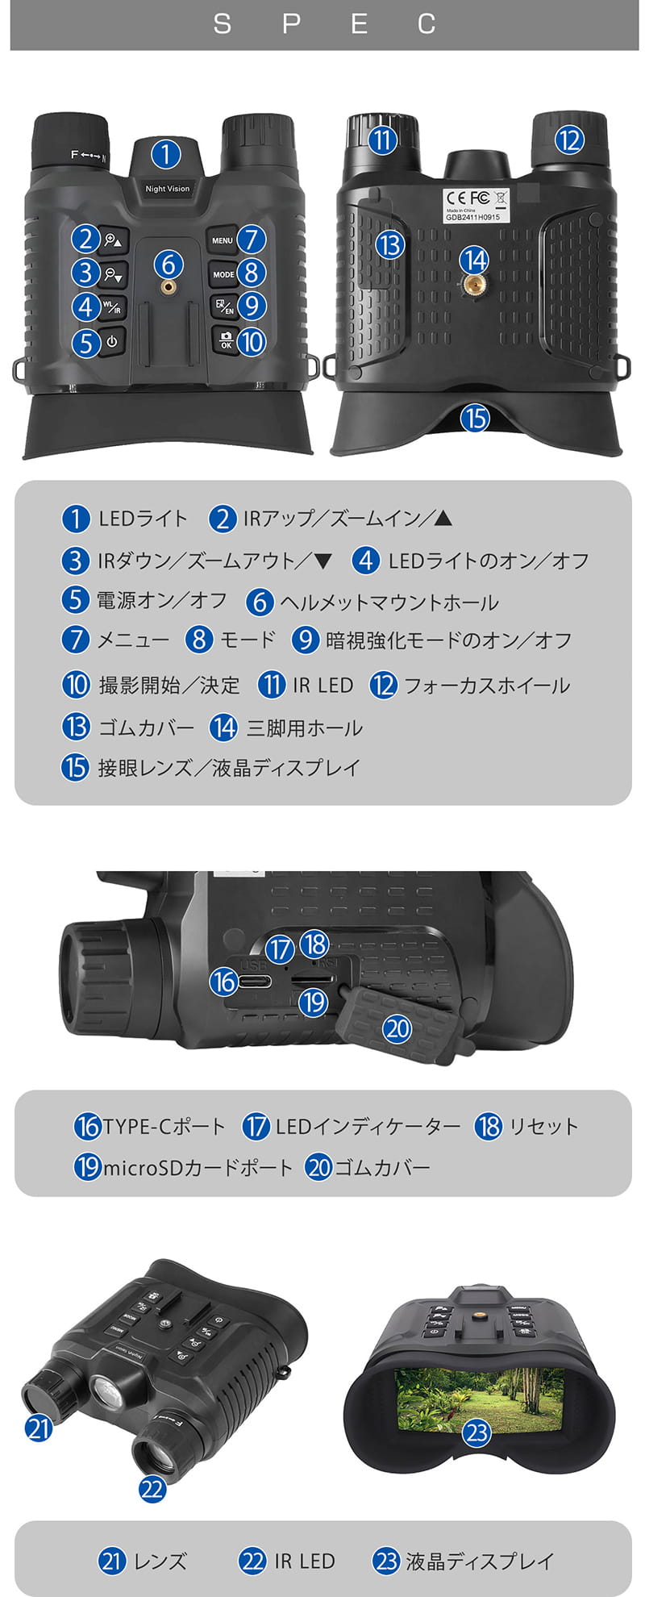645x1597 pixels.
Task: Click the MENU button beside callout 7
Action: (222, 240)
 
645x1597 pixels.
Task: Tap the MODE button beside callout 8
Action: (223, 274)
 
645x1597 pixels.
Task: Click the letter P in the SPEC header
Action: (292, 24)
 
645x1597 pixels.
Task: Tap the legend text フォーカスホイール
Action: (487, 686)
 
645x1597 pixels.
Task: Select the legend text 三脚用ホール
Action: (305, 728)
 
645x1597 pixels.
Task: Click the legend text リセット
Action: (543, 1127)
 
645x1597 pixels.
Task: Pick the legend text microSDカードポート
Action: (198, 1168)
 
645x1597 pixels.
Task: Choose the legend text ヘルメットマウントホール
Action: (389, 603)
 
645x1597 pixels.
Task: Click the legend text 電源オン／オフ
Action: (161, 600)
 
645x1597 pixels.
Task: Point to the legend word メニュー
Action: (133, 640)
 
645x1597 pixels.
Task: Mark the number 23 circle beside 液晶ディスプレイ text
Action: (387, 1562)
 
